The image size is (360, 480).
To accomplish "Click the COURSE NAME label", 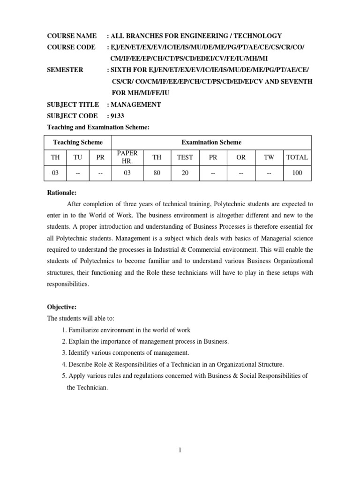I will pos(72,36).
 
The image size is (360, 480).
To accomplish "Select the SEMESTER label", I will pos(65,70).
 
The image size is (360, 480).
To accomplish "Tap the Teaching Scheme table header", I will pos(77,142).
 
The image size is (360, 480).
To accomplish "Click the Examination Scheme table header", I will pos(211,142).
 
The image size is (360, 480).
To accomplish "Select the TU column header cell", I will pos(78,157).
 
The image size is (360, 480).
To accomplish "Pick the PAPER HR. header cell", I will pos(127,157).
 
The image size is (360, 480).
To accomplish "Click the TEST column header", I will pos(185,157).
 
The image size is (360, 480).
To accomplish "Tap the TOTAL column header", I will pos(297,157).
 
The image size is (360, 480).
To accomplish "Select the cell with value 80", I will pos(157,173).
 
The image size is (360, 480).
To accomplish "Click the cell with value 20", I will pos(185,173).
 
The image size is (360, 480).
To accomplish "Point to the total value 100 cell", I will pos(297,173).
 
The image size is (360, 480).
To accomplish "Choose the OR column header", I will pos(241,157).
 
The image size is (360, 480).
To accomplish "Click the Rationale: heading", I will pos(62,193).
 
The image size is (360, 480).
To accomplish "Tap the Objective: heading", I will pos(61,307).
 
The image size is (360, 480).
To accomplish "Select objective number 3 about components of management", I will pos(125,352).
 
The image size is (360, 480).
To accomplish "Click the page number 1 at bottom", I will pos(180,450).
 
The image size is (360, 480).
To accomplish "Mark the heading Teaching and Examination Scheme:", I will pos(98,127).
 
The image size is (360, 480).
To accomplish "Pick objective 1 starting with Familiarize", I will pos(126,330).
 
